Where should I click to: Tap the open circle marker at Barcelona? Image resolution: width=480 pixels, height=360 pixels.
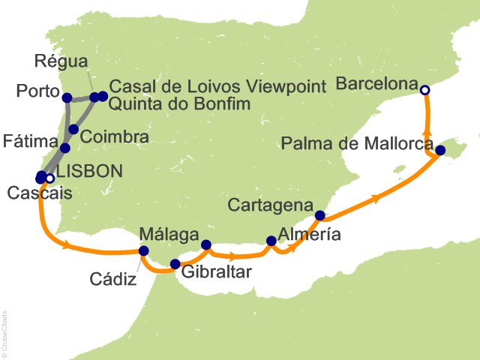(x=424, y=90)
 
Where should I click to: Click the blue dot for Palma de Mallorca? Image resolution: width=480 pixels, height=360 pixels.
(x=440, y=151)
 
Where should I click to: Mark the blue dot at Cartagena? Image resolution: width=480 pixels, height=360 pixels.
(x=320, y=216)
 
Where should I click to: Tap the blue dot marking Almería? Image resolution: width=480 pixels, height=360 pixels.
(x=271, y=241)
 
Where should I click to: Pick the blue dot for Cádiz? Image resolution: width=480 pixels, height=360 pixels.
(x=143, y=251)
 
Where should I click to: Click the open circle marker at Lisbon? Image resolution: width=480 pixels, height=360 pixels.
(x=49, y=178)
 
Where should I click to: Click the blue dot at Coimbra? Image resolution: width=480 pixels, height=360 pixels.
(x=73, y=130)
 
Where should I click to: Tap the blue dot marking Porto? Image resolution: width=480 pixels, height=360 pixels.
(x=67, y=97)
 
